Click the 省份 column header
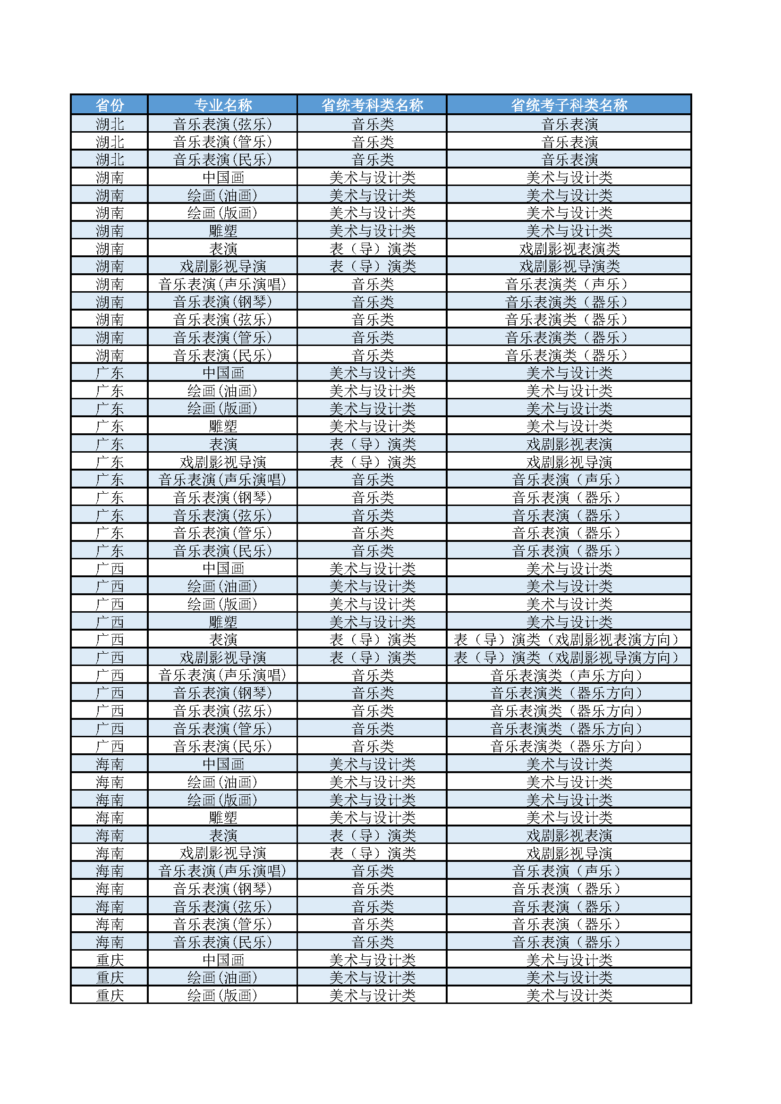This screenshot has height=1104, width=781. (x=109, y=104)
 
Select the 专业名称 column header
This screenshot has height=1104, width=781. (x=222, y=104)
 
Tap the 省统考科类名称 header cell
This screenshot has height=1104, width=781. (x=372, y=104)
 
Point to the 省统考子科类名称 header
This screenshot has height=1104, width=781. (x=569, y=104)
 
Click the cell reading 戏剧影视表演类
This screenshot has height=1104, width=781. (x=569, y=249)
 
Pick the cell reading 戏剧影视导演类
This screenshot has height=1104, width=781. (x=569, y=266)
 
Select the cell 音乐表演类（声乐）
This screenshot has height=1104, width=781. (x=569, y=284)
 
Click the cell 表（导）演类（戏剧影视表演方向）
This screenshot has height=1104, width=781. (x=569, y=640)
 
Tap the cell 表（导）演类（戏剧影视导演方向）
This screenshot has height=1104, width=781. (x=569, y=657)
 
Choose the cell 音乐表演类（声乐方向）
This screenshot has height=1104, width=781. (x=569, y=675)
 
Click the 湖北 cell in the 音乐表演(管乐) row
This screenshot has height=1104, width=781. (x=109, y=142)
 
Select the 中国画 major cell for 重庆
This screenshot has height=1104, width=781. (x=222, y=960)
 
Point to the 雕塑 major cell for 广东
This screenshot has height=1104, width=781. (x=222, y=426)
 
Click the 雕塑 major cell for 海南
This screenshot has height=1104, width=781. (x=222, y=817)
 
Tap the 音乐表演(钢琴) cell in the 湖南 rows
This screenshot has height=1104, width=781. (x=222, y=302)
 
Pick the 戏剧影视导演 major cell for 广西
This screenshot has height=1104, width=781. (x=222, y=657)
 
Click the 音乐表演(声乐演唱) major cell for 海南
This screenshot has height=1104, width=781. (x=222, y=871)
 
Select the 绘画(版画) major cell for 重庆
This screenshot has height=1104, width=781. (x=222, y=995)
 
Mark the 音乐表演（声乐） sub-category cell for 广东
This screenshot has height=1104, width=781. (x=569, y=480)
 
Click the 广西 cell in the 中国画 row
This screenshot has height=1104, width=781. (x=109, y=568)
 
